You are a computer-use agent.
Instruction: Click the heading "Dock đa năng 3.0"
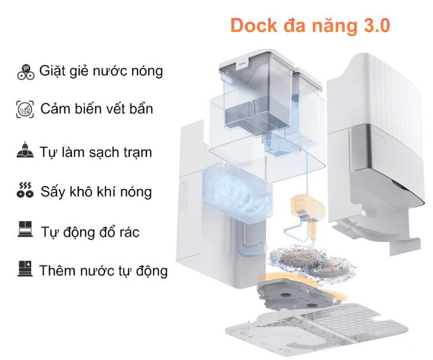310,25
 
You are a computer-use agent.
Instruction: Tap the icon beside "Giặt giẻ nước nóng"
25,72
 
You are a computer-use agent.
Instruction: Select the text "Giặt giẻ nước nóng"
101,71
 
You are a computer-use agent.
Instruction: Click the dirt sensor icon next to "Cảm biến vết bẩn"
26,109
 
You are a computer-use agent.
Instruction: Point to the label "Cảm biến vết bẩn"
97,109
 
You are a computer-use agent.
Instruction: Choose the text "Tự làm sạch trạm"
96,153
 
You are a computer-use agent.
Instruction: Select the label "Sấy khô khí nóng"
96,192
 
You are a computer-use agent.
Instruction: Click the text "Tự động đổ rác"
90,232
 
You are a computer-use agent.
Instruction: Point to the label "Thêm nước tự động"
104,270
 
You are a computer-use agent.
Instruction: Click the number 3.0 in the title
376,25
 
